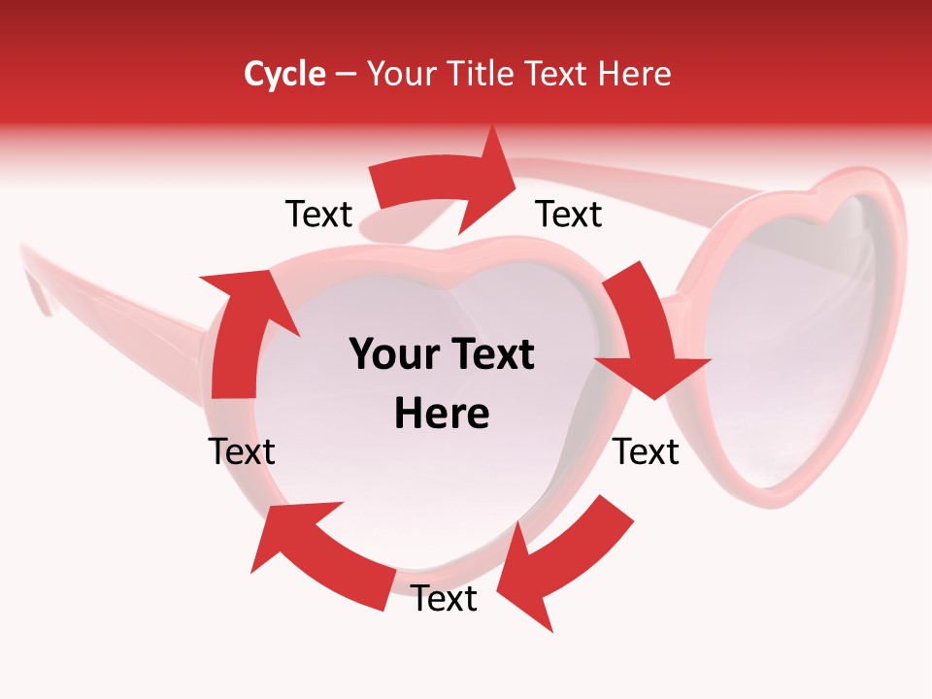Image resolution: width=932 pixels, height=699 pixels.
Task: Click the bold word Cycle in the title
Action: click(284, 74)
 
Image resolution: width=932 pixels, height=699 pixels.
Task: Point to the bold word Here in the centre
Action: click(442, 414)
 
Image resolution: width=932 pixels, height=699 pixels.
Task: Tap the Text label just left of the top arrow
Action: click(318, 215)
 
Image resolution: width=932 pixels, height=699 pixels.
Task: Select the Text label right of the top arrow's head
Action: click(569, 215)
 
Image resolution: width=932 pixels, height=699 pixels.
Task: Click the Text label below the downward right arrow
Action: click(646, 451)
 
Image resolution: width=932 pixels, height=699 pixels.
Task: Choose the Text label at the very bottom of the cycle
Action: click(444, 599)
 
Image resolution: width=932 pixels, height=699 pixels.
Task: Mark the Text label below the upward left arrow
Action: click(242, 451)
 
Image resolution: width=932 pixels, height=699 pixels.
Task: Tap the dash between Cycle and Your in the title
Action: click(347, 74)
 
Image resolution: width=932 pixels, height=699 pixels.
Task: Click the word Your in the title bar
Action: click(399, 74)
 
